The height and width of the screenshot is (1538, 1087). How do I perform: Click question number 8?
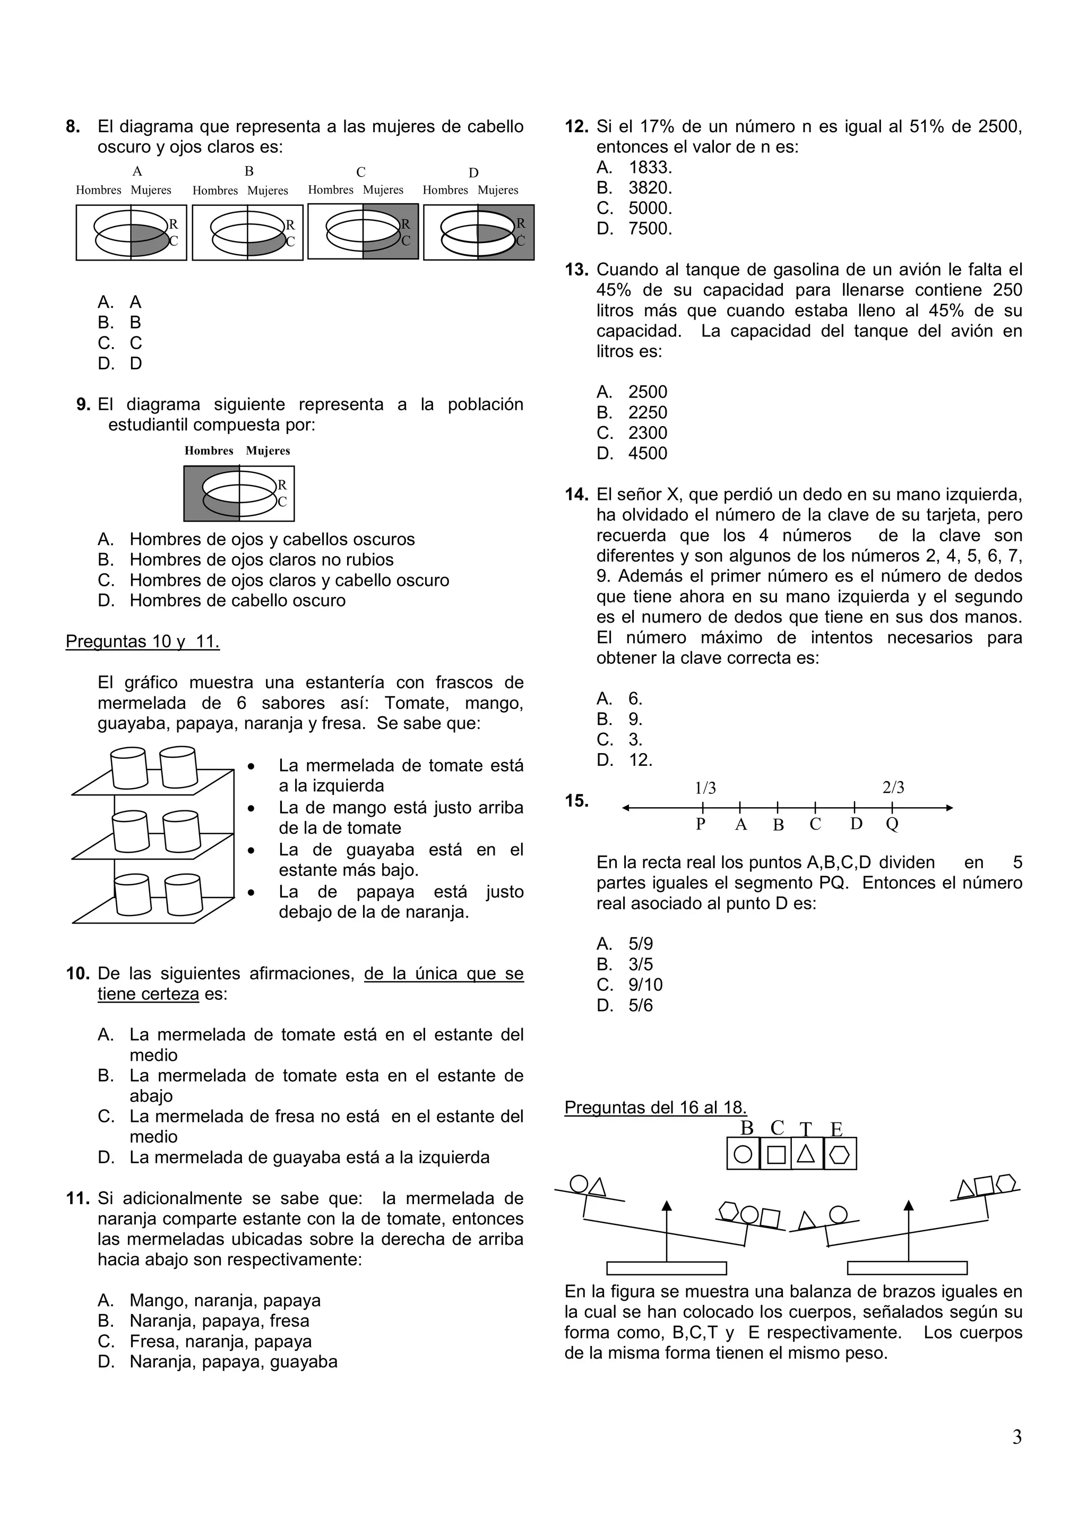(x=73, y=127)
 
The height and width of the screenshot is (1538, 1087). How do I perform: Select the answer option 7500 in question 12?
(x=649, y=228)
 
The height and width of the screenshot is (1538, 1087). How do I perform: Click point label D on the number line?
(x=856, y=823)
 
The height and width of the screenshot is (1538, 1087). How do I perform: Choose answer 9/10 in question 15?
(x=645, y=984)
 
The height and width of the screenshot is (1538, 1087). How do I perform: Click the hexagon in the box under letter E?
(x=840, y=1154)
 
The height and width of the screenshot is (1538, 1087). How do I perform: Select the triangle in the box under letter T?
(x=806, y=1154)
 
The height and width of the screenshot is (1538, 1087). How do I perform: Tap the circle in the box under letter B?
(x=743, y=1154)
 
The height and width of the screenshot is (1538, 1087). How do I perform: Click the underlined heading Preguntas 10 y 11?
(x=142, y=641)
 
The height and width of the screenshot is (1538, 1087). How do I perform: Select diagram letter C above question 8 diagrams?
(x=360, y=172)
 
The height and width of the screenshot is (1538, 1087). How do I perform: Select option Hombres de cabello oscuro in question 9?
(x=237, y=600)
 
